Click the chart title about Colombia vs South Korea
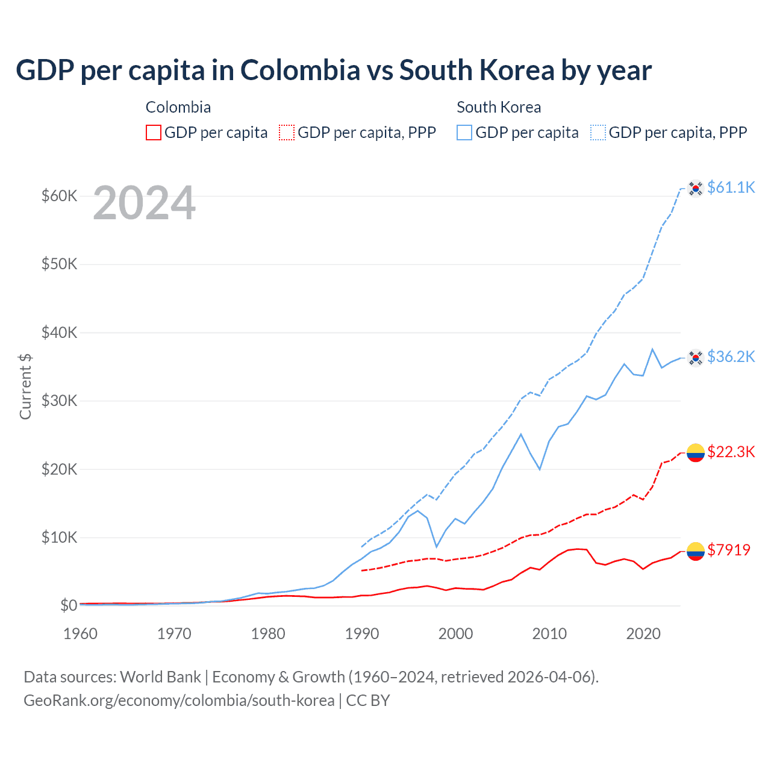pyautogui.click(x=333, y=70)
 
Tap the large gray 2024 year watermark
pyautogui.click(x=144, y=204)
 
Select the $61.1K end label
pyautogui.click(x=731, y=187)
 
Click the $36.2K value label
pyautogui.click(x=731, y=357)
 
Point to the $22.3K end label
pyautogui.click(x=731, y=452)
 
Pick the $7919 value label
pyautogui.click(x=728, y=550)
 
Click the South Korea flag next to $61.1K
pyautogui.click(x=696, y=189)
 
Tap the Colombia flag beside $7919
pyautogui.click(x=696, y=551)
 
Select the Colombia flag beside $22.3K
pyautogui.click(x=696, y=452)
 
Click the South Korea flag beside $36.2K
pyautogui.click(x=696, y=358)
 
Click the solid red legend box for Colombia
pyautogui.click(x=154, y=133)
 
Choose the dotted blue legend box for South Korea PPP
pyautogui.click(x=598, y=133)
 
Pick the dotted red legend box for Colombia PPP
pyautogui.click(x=287, y=133)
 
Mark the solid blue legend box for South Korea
pyautogui.click(x=464, y=133)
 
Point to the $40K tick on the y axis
pyautogui.click(x=59, y=332)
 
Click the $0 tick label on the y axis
pyautogui.click(x=68, y=605)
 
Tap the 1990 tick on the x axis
pyautogui.click(x=361, y=634)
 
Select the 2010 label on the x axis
pyautogui.click(x=549, y=634)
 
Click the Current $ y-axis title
pyautogui.click(x=25, y=386)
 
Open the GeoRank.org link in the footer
pyautogui.click(x=179, y=701)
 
